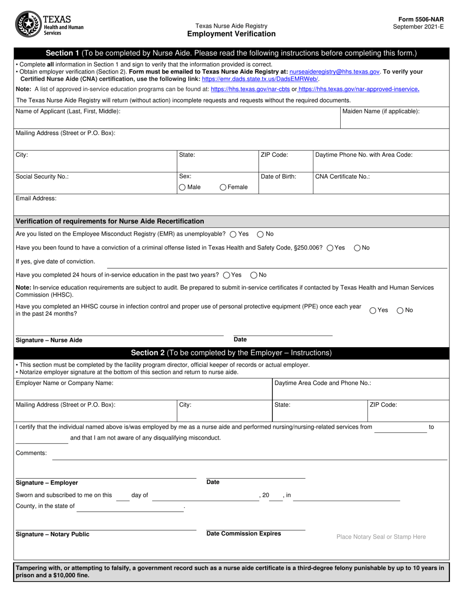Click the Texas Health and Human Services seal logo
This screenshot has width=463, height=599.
29,24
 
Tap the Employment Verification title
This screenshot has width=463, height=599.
231,34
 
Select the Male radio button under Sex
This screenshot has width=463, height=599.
182,187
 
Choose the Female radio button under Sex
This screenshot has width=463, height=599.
223,187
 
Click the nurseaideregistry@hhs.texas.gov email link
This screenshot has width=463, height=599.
334,71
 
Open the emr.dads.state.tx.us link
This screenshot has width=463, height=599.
260,78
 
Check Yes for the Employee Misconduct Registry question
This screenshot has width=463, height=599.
232,234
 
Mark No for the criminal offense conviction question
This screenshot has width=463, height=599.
357,248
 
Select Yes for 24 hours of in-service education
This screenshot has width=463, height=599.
226,275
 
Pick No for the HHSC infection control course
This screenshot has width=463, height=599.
400,310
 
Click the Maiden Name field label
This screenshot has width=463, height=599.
381,112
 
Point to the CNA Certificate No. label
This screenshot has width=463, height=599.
343,177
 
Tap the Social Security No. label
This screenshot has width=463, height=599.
42,177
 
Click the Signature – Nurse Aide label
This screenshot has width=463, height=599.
49,340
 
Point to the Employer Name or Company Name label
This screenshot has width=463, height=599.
65,383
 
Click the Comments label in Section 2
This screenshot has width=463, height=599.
32,453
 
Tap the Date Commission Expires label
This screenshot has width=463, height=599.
244,534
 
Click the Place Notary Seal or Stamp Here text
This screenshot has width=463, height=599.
381,537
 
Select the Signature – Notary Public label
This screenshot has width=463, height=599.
53,534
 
